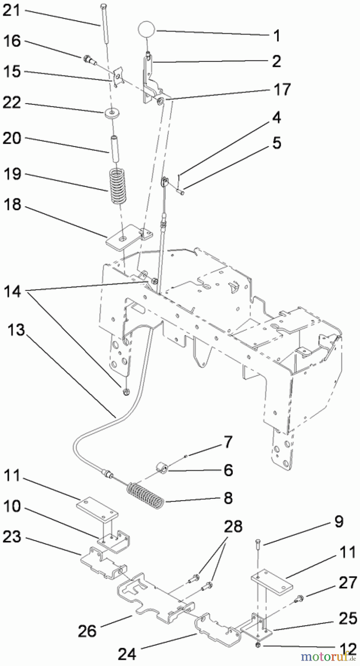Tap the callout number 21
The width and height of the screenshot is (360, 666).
coord(11,10)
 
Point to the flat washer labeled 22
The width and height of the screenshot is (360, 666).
coord(110,112)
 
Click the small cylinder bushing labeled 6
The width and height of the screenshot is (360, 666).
coord(161,469)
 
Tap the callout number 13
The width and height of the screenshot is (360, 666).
coord(16,330)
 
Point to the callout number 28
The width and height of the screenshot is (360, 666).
coord(233,526)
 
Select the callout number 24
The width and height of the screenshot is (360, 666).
coord(127,654)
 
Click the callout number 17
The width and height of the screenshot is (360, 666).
coord(282,90)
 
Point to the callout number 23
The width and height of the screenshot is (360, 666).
coord(12,537)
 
